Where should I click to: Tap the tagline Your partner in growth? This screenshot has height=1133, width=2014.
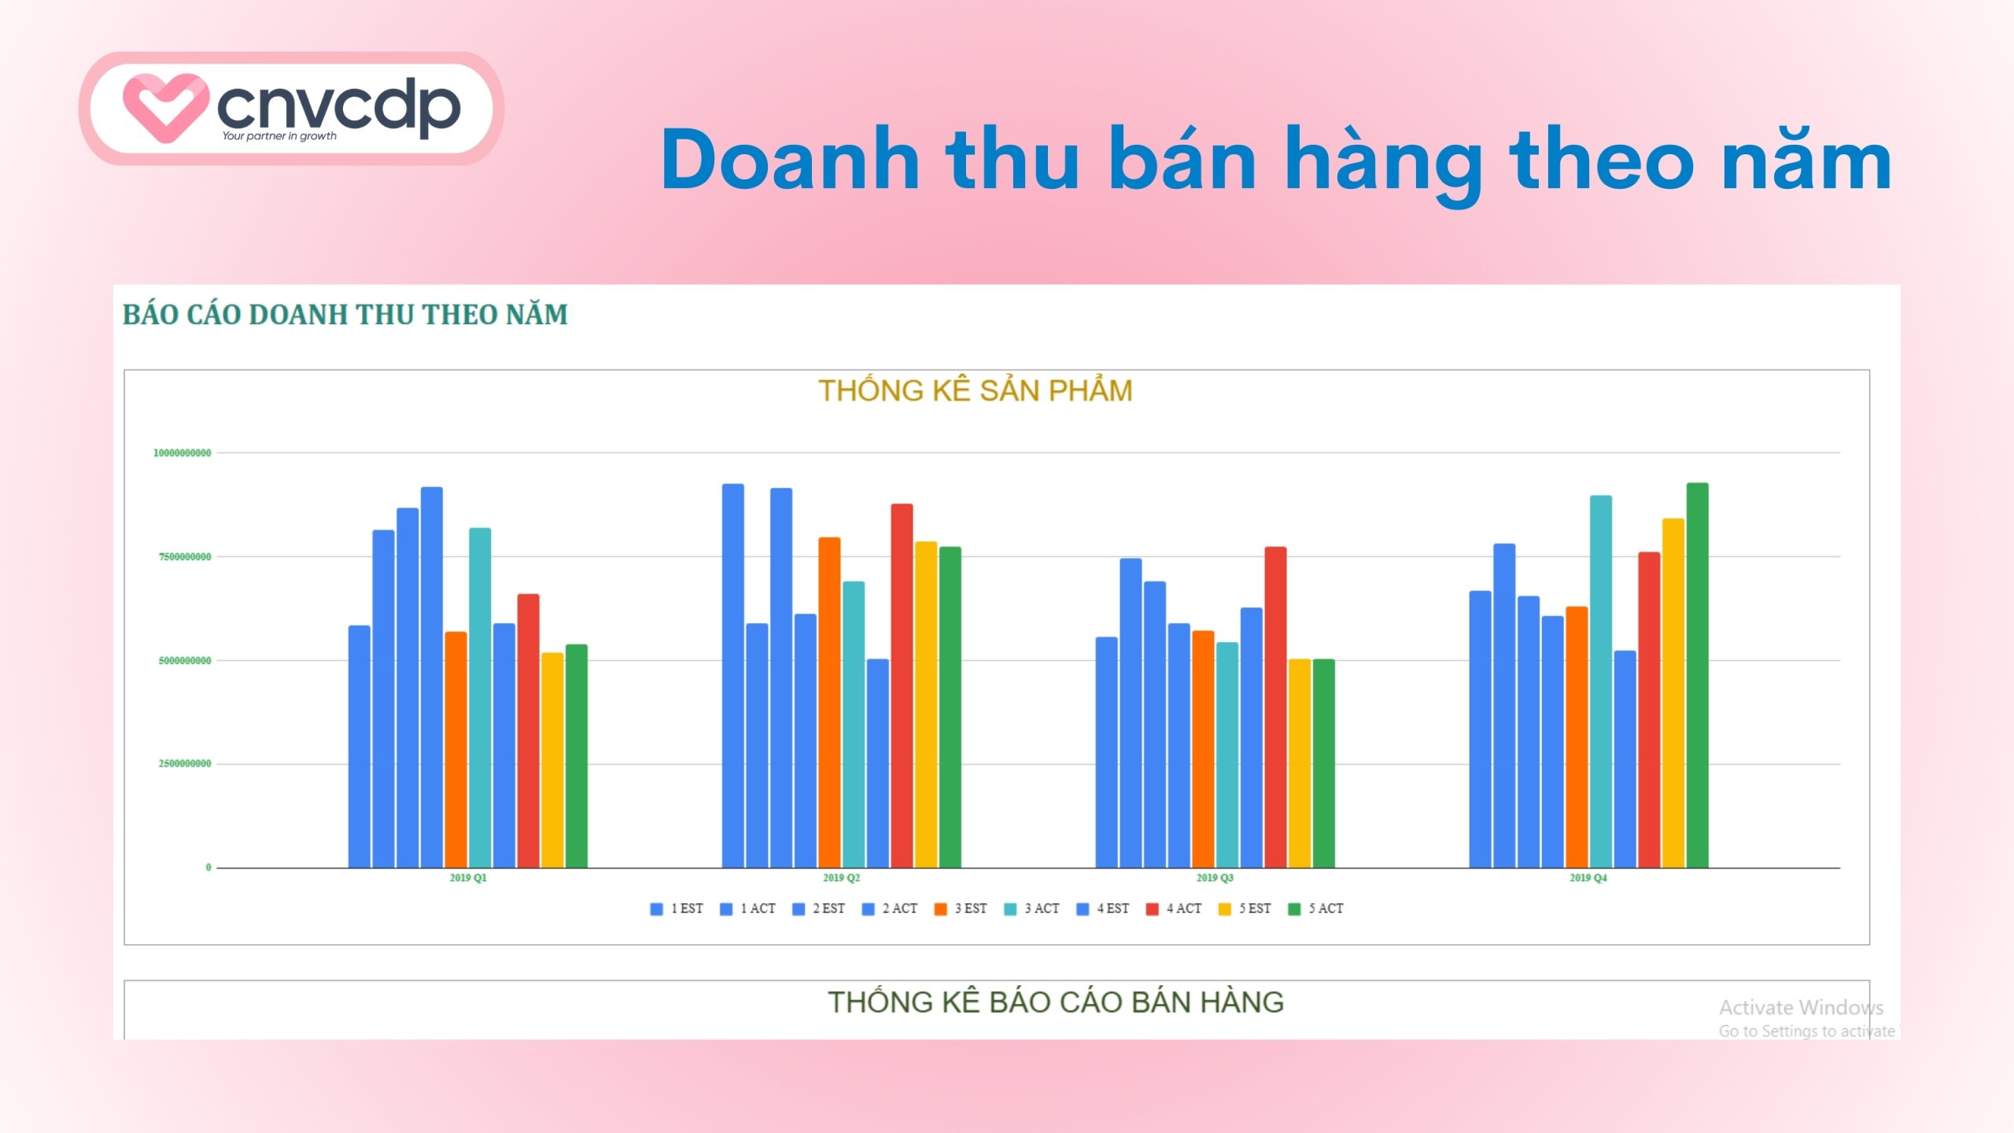pyautogui.click(x=278, y=136)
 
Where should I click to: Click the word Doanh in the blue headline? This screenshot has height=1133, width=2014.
pyautogui.click(x=790, y=161)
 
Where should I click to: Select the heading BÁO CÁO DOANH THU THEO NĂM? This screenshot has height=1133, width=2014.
pyautogui.click(x=345, y=315)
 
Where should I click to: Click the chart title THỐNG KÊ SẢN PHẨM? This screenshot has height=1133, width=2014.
pyautogui.click(x=975, y=391)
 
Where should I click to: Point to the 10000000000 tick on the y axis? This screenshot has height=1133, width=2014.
pyautogui.click(x=182, y=453)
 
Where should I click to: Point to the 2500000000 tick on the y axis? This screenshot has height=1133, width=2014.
pyautogui.click(x=185, y=764)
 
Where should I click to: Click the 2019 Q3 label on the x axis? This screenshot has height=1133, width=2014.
pyautogui.click(x=1215, y=878)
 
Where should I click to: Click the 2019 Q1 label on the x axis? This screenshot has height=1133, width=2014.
pyautogui.click(x=468, y=878)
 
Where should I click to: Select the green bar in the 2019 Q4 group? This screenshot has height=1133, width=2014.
pyautogui.click(x=1697, y=677)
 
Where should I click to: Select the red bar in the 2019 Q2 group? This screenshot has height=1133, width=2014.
pyautogui.click(x=902, y=685)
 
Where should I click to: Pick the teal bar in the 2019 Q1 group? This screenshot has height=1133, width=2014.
pyautogui.click(x=480, y=696)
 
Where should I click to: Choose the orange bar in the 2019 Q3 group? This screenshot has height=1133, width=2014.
pyautogui.click(x=1203, y=747)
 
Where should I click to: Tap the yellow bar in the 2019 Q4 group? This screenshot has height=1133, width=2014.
pyautogui.click(x=1673, y=692)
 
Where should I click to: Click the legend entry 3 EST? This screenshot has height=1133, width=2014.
pyautogui.click(x=961, y=909)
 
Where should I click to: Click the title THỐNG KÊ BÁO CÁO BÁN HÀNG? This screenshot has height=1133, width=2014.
pyautogui.click(x=1055, y=1002)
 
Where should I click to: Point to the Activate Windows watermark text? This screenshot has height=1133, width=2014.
pyautogui.click(x=1800, y=1008)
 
